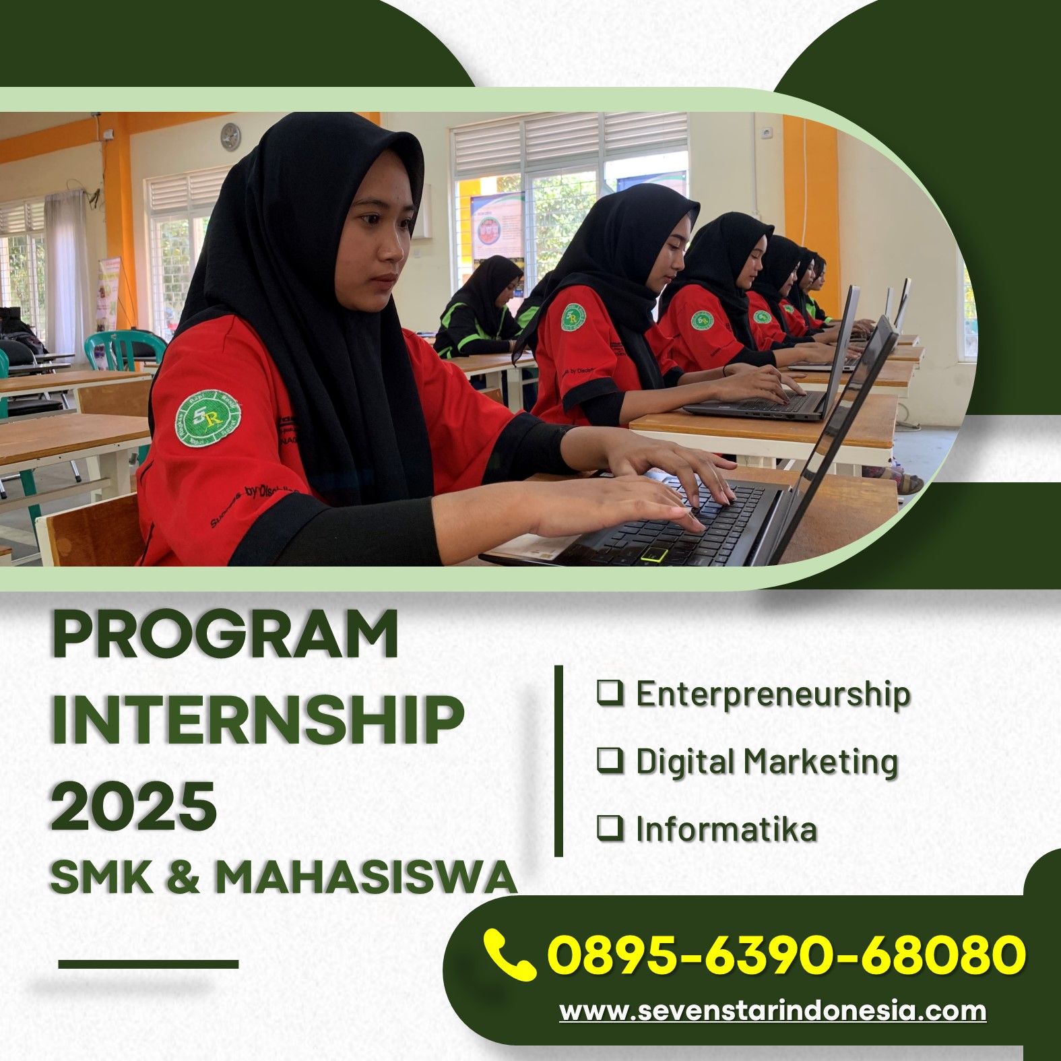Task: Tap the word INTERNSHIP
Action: coord(258,719)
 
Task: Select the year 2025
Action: coord(134,805)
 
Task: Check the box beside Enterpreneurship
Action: coord(610,693)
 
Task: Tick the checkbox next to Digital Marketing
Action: coord(610,760)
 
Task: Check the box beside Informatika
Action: coord(610,827)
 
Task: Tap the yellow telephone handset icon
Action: coord(509,954)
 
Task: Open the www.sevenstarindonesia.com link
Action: coord(773,1010)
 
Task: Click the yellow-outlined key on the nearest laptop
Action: coord(654,554)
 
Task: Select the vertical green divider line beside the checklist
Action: coord(558,761)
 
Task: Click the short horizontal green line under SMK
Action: coord(148,964)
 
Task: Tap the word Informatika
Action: coord(726,829)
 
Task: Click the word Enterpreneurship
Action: coord(773,695)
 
